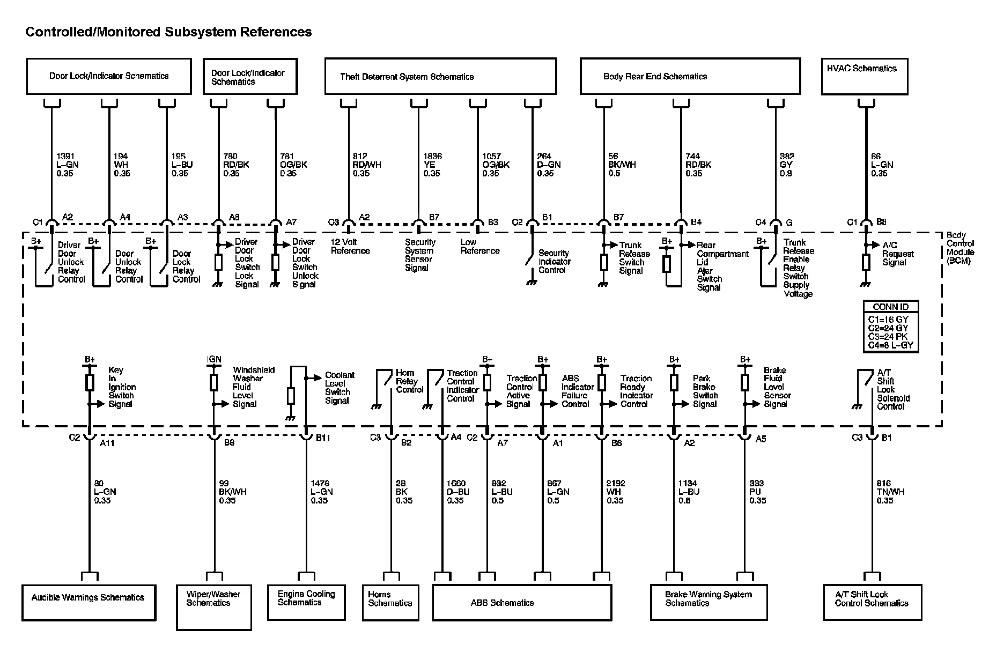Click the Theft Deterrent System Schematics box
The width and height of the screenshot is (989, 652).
pyautogui.click(x=440, y=77)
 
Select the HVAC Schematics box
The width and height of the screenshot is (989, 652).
pyautogui.click(x=864, y=76)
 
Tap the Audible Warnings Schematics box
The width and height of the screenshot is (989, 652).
pyautogui.click(x=88, y=602)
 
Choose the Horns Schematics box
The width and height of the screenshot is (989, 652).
pyautogui.click(x=390, y=602)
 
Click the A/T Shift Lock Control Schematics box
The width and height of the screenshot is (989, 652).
pyautogui.click(x=872, y=602)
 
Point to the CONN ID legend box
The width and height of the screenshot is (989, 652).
pyautogui.click(x=890, y=326)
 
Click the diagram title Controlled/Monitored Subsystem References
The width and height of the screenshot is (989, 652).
pyautogui.click(x=168, y=32)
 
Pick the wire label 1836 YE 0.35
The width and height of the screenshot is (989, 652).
pyautogui.click(x=432, y=165)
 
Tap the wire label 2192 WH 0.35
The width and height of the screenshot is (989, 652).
pyautogui.click(x=615, y=492)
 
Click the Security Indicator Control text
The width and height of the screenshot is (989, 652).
pyautogui.click(x=554, y=262)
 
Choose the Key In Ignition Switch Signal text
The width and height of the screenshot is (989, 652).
pyautogui.click(x=122, y=387)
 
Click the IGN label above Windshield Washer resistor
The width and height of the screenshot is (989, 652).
pyautogui.click(x=214, y=359)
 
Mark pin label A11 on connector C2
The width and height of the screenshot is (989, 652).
pyautogui.click(x=107, y=443)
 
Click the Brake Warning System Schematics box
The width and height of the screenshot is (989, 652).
pyautogui.click(x=707, y=602)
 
